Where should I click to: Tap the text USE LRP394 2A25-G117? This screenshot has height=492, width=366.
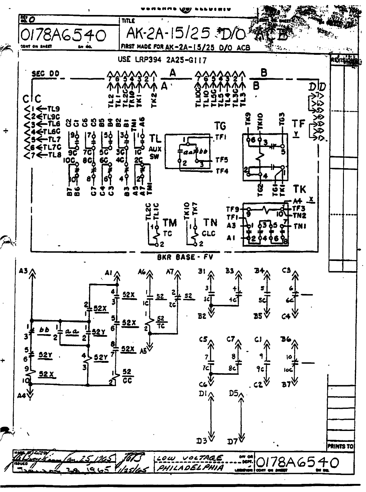tap(162, 60)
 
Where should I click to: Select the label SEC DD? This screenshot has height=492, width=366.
tap(45, 74)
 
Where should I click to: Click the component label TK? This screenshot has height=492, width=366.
tap(299, 189)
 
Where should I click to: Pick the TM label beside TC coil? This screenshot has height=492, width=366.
tap(170, 223)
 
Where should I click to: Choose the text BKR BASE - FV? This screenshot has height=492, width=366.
tap(185, 257)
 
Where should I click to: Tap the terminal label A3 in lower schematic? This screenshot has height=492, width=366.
tap(23, 271)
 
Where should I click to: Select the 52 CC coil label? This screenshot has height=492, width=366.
tap(127, 376)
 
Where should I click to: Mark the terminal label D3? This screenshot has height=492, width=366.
tap(202, 441)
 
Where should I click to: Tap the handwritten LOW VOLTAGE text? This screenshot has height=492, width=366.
tap(189, 458)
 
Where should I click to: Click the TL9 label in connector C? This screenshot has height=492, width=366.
tap(54, 109)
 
